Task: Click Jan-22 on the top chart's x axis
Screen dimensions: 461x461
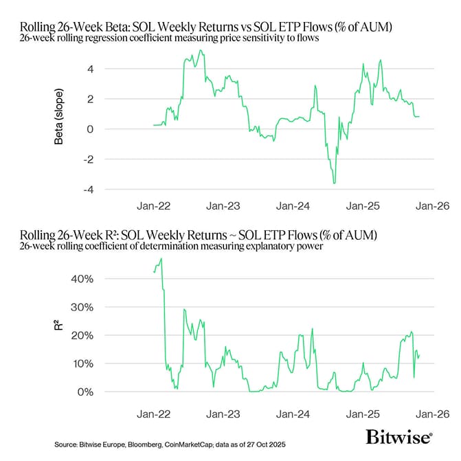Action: click(154, 205)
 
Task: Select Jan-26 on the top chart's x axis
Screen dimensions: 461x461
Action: click(432, 205)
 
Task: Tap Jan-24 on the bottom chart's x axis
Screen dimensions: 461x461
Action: click(293, 414)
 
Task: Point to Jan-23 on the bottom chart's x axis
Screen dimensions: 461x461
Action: click(224, 414)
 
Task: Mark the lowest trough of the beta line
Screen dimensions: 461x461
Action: click(334, 183)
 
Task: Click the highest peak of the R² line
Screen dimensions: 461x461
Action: click(161, 258)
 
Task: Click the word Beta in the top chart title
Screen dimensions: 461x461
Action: click(112, 27)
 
